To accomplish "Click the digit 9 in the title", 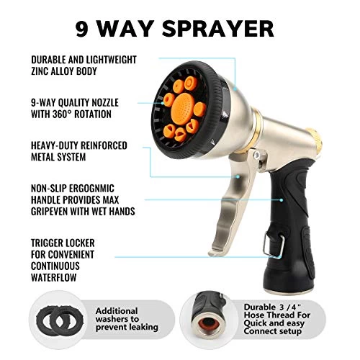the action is pyautogui.click(x=81, y=29).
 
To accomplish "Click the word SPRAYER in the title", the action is pyautogui.click(x=218, y=29).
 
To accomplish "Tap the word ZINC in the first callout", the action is pyautogui.click(x=40, y=71).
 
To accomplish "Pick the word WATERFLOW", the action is pyautogui.click(x=54, y=277).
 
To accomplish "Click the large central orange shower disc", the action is pyautogui.click(x=183, y=106).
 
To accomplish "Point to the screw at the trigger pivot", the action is pyautogui.click(x=256, y=155).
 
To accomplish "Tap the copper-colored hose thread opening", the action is pyautogui.click(x=209, y=325).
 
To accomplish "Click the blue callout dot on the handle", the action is pyautogui.click(x=282, y=199).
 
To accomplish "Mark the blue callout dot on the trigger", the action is pyautogui.click(x=238, y=176).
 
